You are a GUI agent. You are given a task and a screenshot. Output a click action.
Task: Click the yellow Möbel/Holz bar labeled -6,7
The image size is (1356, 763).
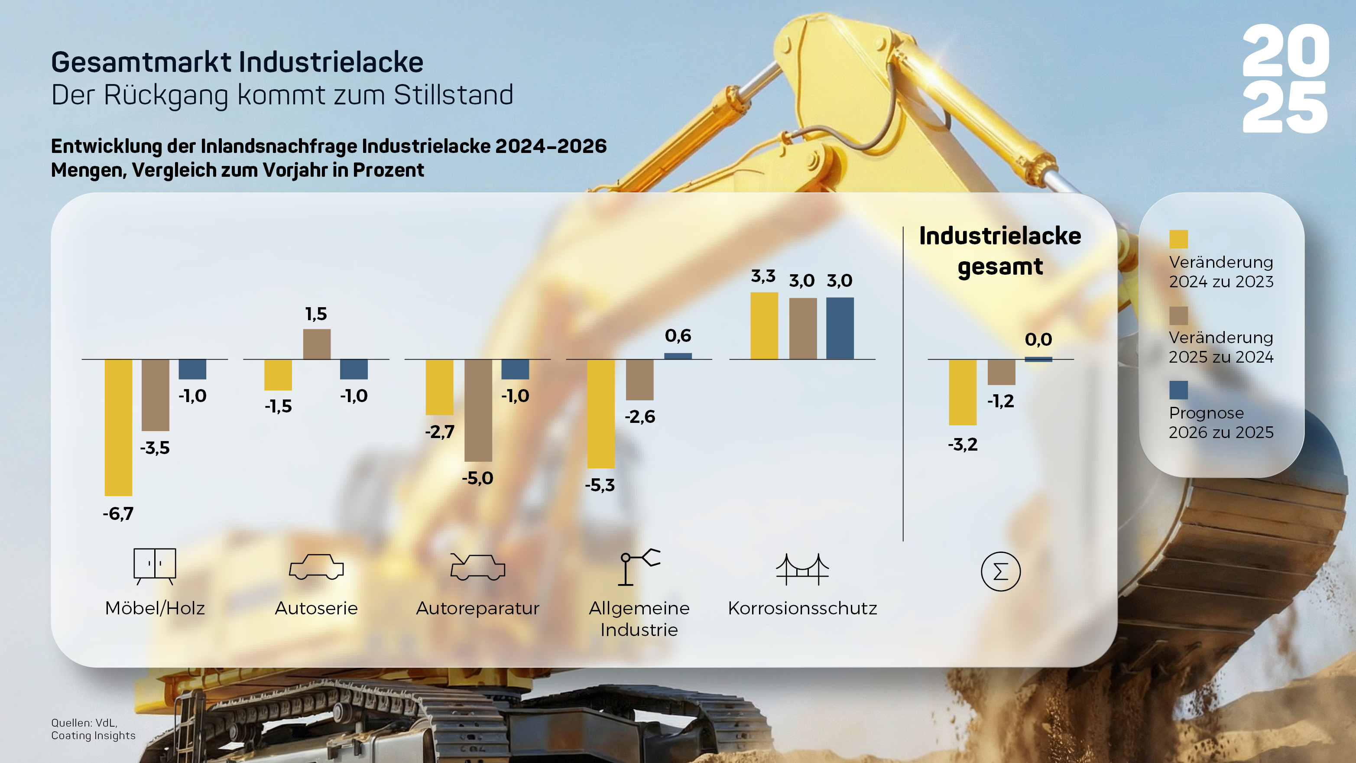point(118,427)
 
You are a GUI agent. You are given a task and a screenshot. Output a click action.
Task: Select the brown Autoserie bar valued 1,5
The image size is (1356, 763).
point(317,344)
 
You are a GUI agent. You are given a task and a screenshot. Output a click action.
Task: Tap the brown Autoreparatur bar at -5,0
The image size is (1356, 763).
point(478,410)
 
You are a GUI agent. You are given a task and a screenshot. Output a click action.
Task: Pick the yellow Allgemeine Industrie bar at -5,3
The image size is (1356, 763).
point(600,413)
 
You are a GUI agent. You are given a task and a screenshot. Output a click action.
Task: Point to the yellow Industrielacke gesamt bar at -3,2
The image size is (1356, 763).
point(962,392)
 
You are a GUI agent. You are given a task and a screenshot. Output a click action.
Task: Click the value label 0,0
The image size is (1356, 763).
point(1038,340)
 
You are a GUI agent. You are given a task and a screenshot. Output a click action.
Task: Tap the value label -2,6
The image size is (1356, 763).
point(639,417)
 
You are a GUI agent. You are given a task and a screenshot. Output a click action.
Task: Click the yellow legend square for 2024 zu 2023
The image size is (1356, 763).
point(1178,239)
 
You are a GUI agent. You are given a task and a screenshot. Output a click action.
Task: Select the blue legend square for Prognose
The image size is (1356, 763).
point(1178,390)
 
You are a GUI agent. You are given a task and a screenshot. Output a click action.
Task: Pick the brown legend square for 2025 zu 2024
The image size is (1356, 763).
point(1178,315)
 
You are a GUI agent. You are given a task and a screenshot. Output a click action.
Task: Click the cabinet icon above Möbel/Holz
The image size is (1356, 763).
point(155,566)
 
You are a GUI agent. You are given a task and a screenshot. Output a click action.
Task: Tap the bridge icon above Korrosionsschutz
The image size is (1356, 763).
point(802,569)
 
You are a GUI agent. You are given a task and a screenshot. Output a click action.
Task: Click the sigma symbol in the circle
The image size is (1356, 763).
point(1000,571)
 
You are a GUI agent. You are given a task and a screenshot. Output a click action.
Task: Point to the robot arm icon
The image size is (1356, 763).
point(639,567)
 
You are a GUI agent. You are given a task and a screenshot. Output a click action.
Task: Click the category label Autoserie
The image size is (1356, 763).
point(316,608)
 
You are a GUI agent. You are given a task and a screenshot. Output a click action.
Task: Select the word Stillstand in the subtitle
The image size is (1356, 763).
point(453,95)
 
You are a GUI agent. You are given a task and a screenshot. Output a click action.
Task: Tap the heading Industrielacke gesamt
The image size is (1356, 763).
point(999,250)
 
